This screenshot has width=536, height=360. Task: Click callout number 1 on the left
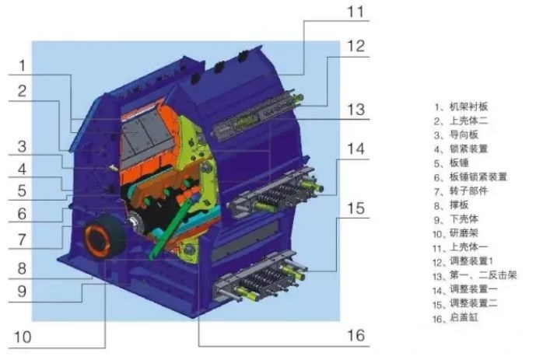(x=23, y=65)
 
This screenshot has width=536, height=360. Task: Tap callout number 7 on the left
(x=22, y=239)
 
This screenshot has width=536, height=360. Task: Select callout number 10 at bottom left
(x=23, y=337)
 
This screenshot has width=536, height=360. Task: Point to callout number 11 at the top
(x=356, y=12)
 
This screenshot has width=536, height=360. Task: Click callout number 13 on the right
(x=356, y=110)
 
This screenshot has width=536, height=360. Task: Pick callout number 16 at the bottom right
(x=356, y=335)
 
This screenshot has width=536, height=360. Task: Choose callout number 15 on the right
(x=356, y=208)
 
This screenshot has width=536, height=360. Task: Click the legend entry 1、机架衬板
(x=461, y=107)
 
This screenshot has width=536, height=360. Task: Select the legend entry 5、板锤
(x=451, y=163)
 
